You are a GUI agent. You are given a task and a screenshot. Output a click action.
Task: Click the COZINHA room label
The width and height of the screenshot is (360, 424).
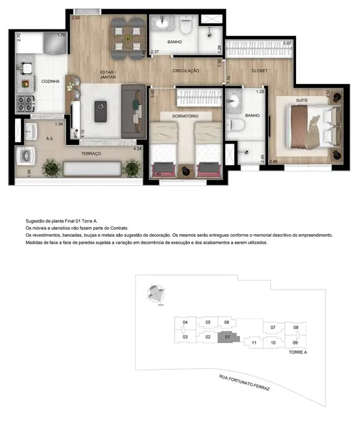point(33,82)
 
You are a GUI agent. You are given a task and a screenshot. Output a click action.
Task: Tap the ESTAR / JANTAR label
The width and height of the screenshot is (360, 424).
point(108,74)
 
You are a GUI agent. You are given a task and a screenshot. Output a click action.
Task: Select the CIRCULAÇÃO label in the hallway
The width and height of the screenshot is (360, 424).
point(186,70)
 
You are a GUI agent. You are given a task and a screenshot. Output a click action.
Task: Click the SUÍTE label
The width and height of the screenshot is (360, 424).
point(301,99)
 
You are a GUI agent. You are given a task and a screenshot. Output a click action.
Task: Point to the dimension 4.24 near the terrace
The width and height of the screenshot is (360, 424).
point(137,149)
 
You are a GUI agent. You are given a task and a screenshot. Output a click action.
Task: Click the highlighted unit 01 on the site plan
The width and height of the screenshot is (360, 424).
point(226,337)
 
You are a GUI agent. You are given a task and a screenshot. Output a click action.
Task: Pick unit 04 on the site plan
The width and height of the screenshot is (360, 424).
point(185,322)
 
